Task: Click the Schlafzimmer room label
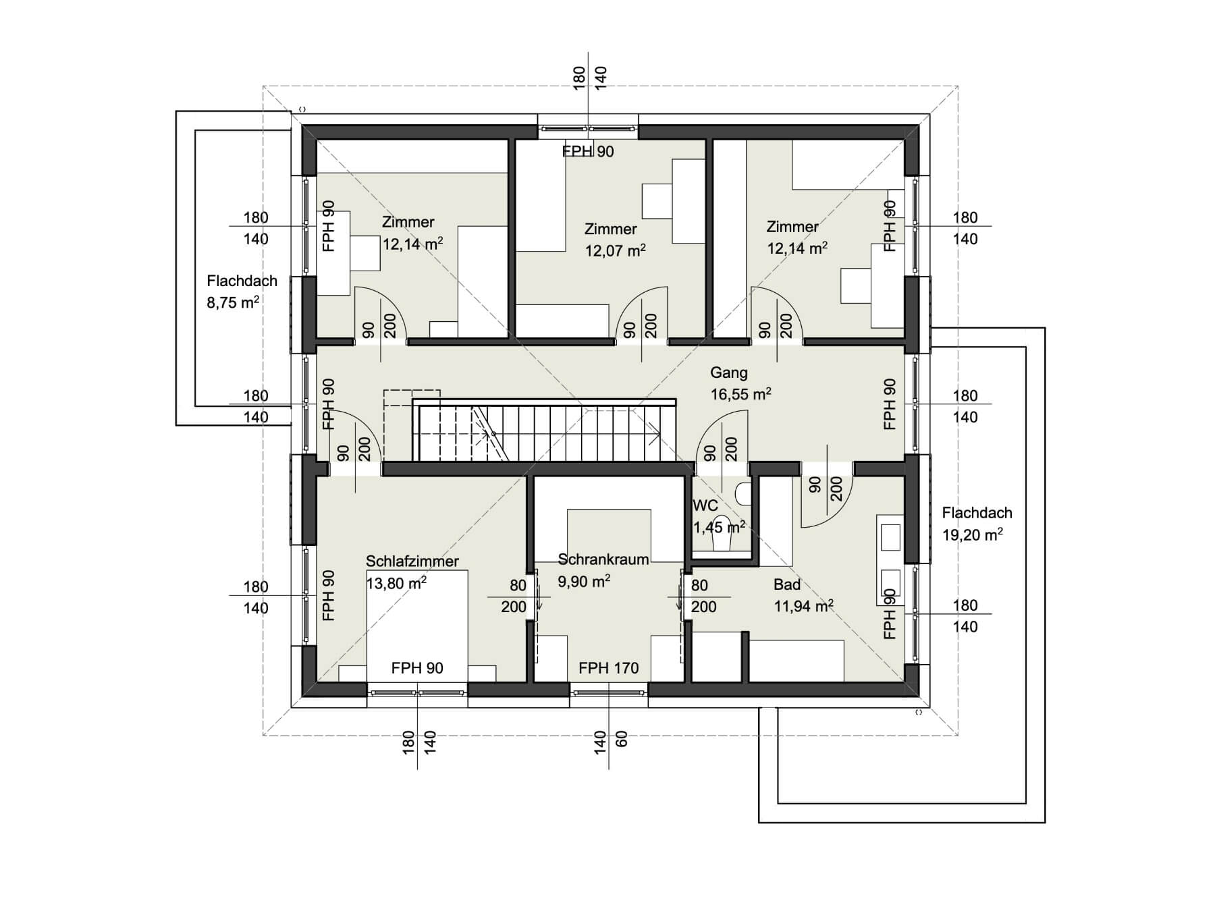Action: click(x=412, y=561)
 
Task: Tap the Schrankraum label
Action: click(x=603, y=559)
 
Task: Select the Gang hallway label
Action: click(x=729, y=372)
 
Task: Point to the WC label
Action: click(x=705, y=505)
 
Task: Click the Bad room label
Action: click(x=787, y=584)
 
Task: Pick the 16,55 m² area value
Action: click(x=740, y=394)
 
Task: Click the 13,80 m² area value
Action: click(x=396, y=583)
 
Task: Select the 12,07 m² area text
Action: click(x=615, y=251)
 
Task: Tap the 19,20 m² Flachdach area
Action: click(x=973, y=535)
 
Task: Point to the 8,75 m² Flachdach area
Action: click(x=234, y=302)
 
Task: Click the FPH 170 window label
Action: click(x=609, y=668)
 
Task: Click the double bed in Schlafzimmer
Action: click(x=417, y=626)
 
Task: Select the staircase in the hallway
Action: click(x=543, y=430)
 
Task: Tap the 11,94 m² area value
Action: click(x=804, y=606)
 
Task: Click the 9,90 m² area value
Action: click(x=584, y=581)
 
